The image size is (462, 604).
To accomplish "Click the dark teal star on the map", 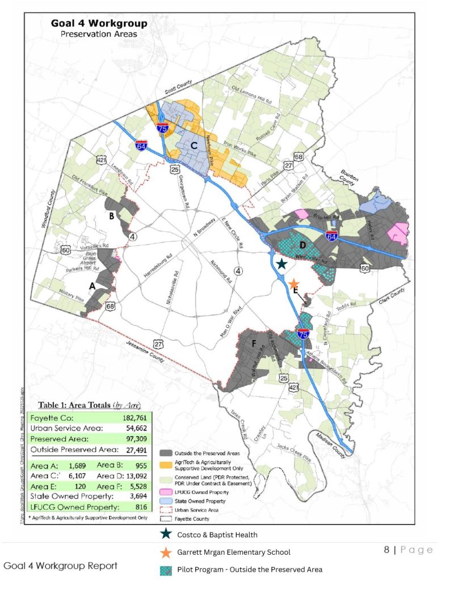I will click(282, 263).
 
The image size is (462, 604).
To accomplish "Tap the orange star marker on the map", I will click(293, 283).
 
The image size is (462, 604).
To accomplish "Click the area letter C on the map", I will click(194, 145).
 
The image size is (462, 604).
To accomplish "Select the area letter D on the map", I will click(303, 245).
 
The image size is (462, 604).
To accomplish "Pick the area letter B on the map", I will click(112, 216).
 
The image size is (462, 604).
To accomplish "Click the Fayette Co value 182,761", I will click(121, 418).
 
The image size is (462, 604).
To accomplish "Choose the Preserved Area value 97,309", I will click(121, 439).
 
